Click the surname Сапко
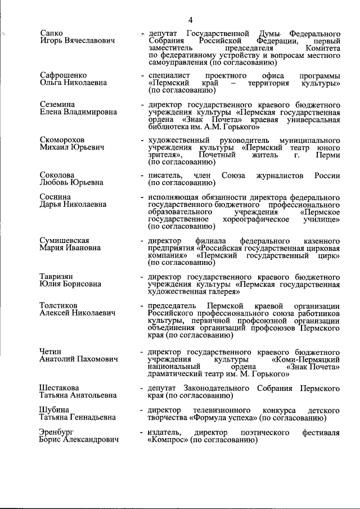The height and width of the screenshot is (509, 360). click(51, 33)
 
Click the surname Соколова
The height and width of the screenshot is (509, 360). click(57, 175)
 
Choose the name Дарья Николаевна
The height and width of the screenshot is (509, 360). click(73, 205)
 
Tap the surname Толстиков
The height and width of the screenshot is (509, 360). click(59, 305)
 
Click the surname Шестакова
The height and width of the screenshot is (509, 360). click(59, 388)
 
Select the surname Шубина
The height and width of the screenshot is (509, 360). click(54, 410)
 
